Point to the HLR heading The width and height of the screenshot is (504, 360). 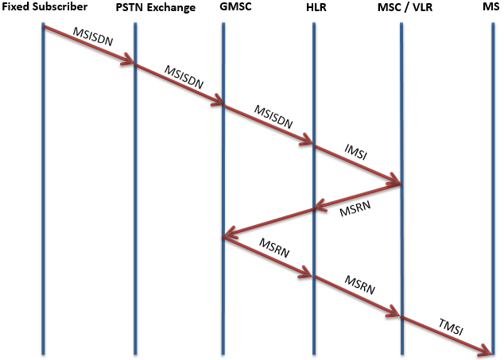point(317,8)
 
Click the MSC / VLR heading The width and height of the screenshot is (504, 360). point(405,8)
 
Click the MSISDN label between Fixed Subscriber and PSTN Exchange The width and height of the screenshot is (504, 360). point(94,37)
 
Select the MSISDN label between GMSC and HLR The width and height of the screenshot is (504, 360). point(273,115)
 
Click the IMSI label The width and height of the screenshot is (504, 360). point(357,151)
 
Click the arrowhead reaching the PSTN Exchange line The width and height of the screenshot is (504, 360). point(129,63)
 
